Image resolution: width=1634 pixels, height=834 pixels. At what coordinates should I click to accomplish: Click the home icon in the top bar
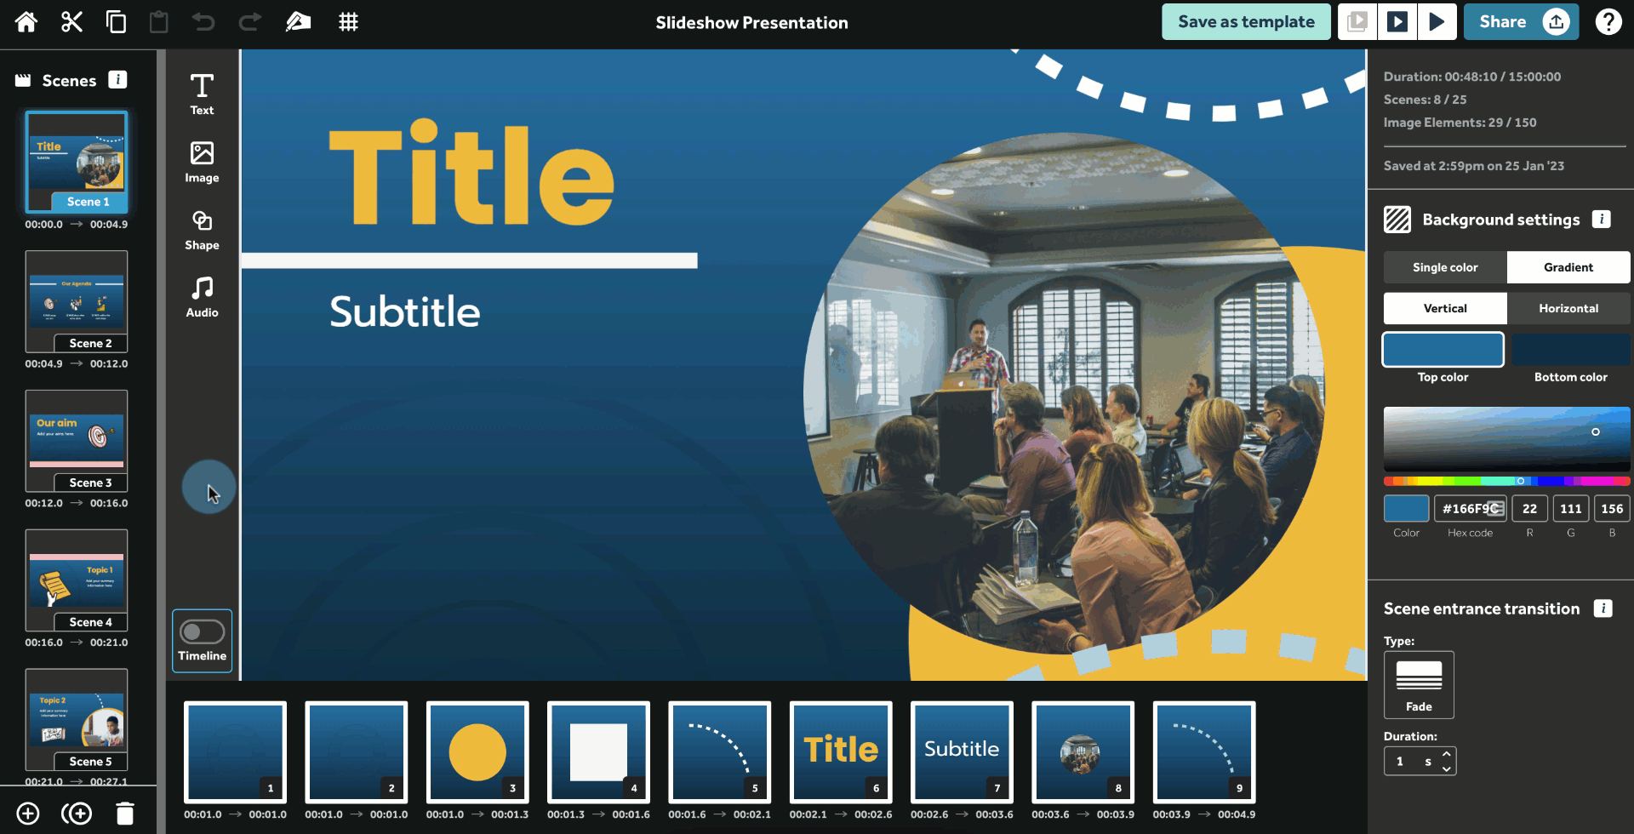(26, 22)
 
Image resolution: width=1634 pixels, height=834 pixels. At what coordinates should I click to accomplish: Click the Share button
(1520, 22)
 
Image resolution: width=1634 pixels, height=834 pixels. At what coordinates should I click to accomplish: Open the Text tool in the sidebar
(202, 94)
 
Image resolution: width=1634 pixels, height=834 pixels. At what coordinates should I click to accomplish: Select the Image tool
(202, 162)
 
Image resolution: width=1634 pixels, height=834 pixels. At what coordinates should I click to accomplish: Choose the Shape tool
(202, 230)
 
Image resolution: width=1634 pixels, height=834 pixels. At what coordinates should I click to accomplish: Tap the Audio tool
(202, 297)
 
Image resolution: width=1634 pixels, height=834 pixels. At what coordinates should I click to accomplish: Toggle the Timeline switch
(203, 632)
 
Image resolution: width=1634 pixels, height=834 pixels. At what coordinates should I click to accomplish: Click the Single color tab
(1445, 267)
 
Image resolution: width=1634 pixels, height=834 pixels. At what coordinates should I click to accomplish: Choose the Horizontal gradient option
(1568, 308)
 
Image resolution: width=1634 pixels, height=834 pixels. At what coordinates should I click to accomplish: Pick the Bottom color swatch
(1570, 350)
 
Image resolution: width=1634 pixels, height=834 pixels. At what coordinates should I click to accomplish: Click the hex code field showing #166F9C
(1470, 509)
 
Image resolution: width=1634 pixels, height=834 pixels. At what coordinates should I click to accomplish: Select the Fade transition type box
(1419, 684)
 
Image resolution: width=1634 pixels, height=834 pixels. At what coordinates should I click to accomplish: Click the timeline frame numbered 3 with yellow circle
(477, 752)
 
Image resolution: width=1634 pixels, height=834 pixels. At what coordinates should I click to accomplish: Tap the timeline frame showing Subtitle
(962, 752)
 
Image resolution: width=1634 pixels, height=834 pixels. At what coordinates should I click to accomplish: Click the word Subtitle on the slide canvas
(405, 312)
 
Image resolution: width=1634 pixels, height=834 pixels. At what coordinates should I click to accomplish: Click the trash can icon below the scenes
(125, 814)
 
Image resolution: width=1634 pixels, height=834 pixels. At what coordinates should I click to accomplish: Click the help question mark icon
(1608, 22)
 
